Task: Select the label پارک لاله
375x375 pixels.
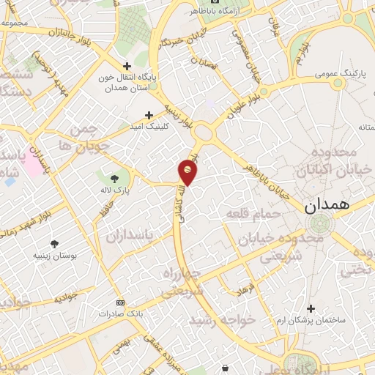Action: click(116, 189)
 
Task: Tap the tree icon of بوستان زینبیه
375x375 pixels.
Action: click(55, 244)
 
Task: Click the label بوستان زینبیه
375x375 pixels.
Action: click(55, 256)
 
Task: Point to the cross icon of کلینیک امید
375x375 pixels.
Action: click(149, 115)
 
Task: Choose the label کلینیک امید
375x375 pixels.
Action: click(149, 127)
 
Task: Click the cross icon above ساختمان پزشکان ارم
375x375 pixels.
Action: click(311, 308)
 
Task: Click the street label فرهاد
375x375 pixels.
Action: click(245, 289)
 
